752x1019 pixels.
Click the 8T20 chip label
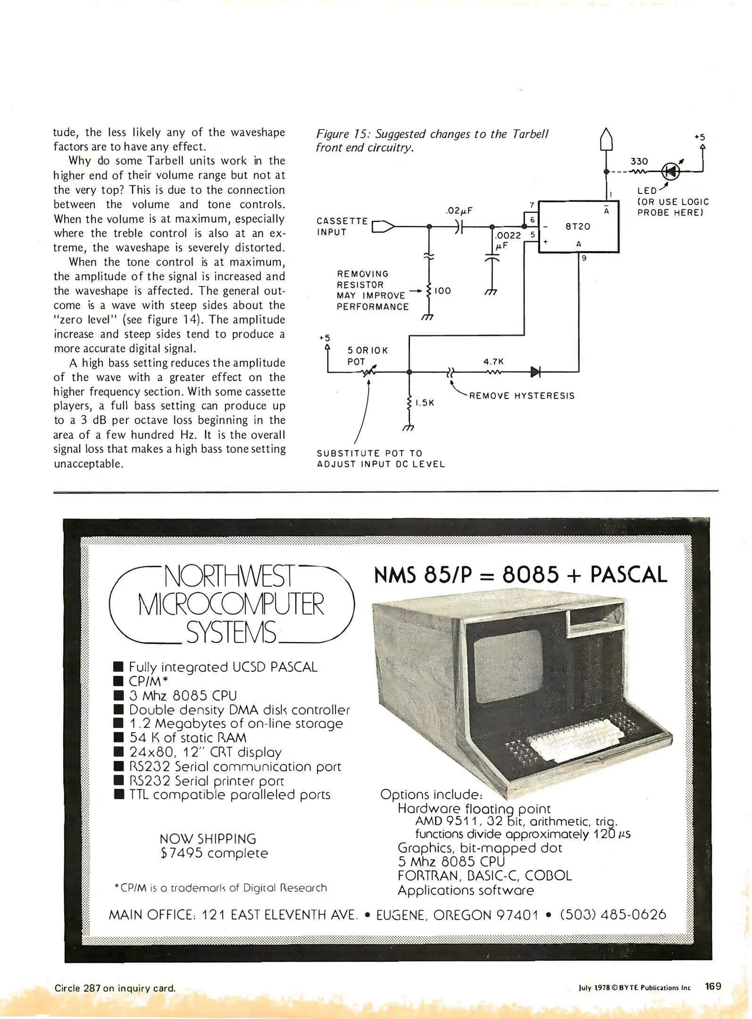coord(577,226)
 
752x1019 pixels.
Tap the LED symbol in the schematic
coord(671,171)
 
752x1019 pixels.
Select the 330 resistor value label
coord(639,161)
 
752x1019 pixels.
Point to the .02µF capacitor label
coord(459,211)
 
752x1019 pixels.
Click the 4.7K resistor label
coord(493,362)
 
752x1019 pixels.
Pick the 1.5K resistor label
coord(425,403)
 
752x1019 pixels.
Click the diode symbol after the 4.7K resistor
coord(535,372)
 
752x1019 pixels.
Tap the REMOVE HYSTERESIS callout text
coord(522,396)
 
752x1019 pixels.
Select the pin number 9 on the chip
coord(584,258)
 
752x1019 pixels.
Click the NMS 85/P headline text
coord(422,575)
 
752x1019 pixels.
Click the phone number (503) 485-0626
coord(613,915)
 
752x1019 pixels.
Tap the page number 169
coord(713,986)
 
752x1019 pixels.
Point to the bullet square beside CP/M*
coord(119,681)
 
